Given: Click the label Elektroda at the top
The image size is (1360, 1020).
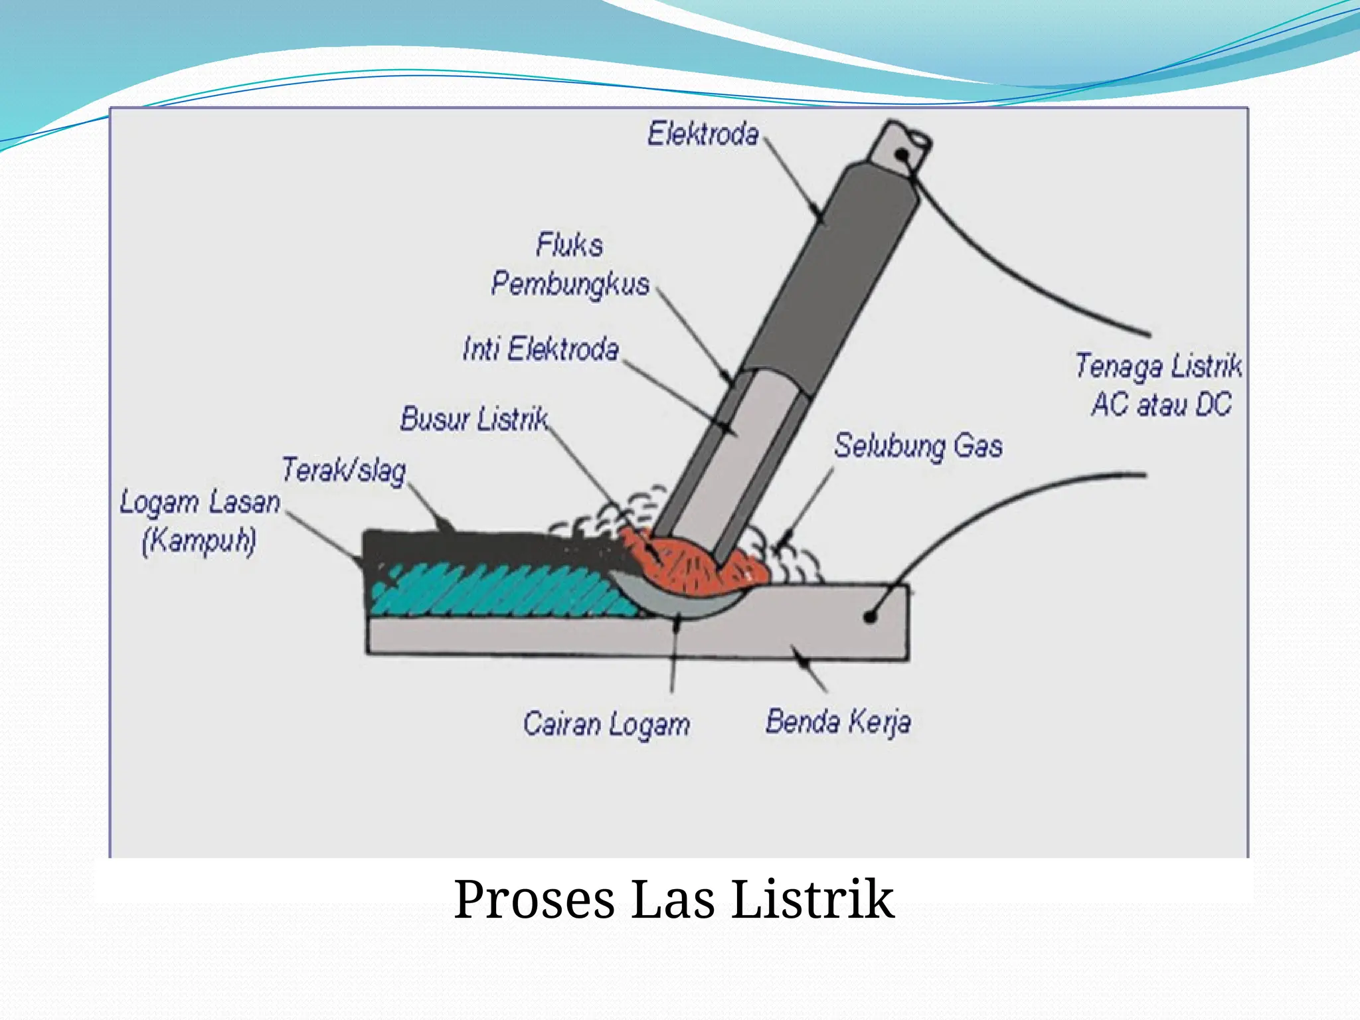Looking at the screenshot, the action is [703, 134].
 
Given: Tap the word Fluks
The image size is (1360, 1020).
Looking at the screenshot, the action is [570, 245].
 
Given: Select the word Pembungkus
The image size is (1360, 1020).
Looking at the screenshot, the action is [570, 284].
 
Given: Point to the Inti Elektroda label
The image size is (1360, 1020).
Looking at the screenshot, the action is [541, 349].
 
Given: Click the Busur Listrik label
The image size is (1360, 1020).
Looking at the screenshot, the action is [475, 419].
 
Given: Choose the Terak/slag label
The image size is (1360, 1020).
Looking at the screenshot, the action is [344, 470].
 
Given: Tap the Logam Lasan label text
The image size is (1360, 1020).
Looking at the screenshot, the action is [200, 503].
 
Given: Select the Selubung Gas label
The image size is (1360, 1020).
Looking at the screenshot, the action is [918, 446].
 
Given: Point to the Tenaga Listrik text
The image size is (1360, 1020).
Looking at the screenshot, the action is [1159, 367].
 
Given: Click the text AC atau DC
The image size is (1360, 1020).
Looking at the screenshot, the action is [1161, 404].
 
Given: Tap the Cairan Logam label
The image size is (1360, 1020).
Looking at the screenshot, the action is [606, 724].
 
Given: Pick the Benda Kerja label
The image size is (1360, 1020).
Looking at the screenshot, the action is [838, 722].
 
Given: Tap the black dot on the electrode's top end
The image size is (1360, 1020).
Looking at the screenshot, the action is [902, 155].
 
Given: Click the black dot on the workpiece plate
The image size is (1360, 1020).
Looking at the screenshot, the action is [871, 617].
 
